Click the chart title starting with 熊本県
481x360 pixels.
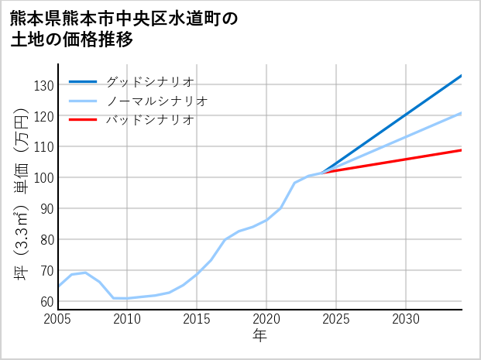coord(124,29)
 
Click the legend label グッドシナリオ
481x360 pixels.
coord(149,81)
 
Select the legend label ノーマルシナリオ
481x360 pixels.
coord(156,101)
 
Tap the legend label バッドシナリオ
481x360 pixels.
coord(149,120)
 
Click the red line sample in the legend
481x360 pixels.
coord(83,120)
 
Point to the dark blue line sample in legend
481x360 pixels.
coord(83,81)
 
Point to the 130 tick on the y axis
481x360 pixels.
coord(45,84)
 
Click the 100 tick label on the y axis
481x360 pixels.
coord(45,177)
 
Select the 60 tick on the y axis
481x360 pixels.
coord(47,301)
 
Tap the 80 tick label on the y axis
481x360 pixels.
coord(47,239)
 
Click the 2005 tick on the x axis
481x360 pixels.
coord(58,319)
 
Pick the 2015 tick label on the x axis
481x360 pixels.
coord(197,319)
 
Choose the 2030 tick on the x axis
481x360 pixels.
coord(406,319)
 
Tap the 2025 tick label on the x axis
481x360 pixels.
coord(336,319)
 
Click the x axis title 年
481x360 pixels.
coord(259,336)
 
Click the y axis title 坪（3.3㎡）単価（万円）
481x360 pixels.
coord(22,194)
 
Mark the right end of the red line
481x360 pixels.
coord(462,150)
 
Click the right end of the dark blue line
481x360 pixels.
coord(462,75)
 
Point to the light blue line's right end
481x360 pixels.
coord(462,113)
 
